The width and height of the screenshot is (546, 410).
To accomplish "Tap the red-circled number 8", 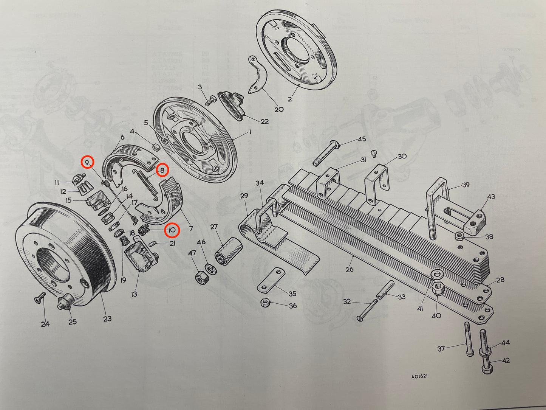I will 162,171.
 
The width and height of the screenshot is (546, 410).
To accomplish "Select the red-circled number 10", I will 172,230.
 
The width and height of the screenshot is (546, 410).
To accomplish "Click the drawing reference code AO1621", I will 420,377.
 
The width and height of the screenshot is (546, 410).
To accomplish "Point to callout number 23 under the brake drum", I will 107,318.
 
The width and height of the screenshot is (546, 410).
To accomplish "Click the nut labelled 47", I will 200,278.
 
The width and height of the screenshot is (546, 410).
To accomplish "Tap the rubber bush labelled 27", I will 229,252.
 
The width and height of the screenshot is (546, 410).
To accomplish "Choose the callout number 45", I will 362,139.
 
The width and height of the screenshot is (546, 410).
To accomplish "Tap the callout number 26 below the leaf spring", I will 350,269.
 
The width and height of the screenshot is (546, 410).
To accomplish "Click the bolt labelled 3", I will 209,101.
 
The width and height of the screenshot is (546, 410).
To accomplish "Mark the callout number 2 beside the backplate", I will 290,99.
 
